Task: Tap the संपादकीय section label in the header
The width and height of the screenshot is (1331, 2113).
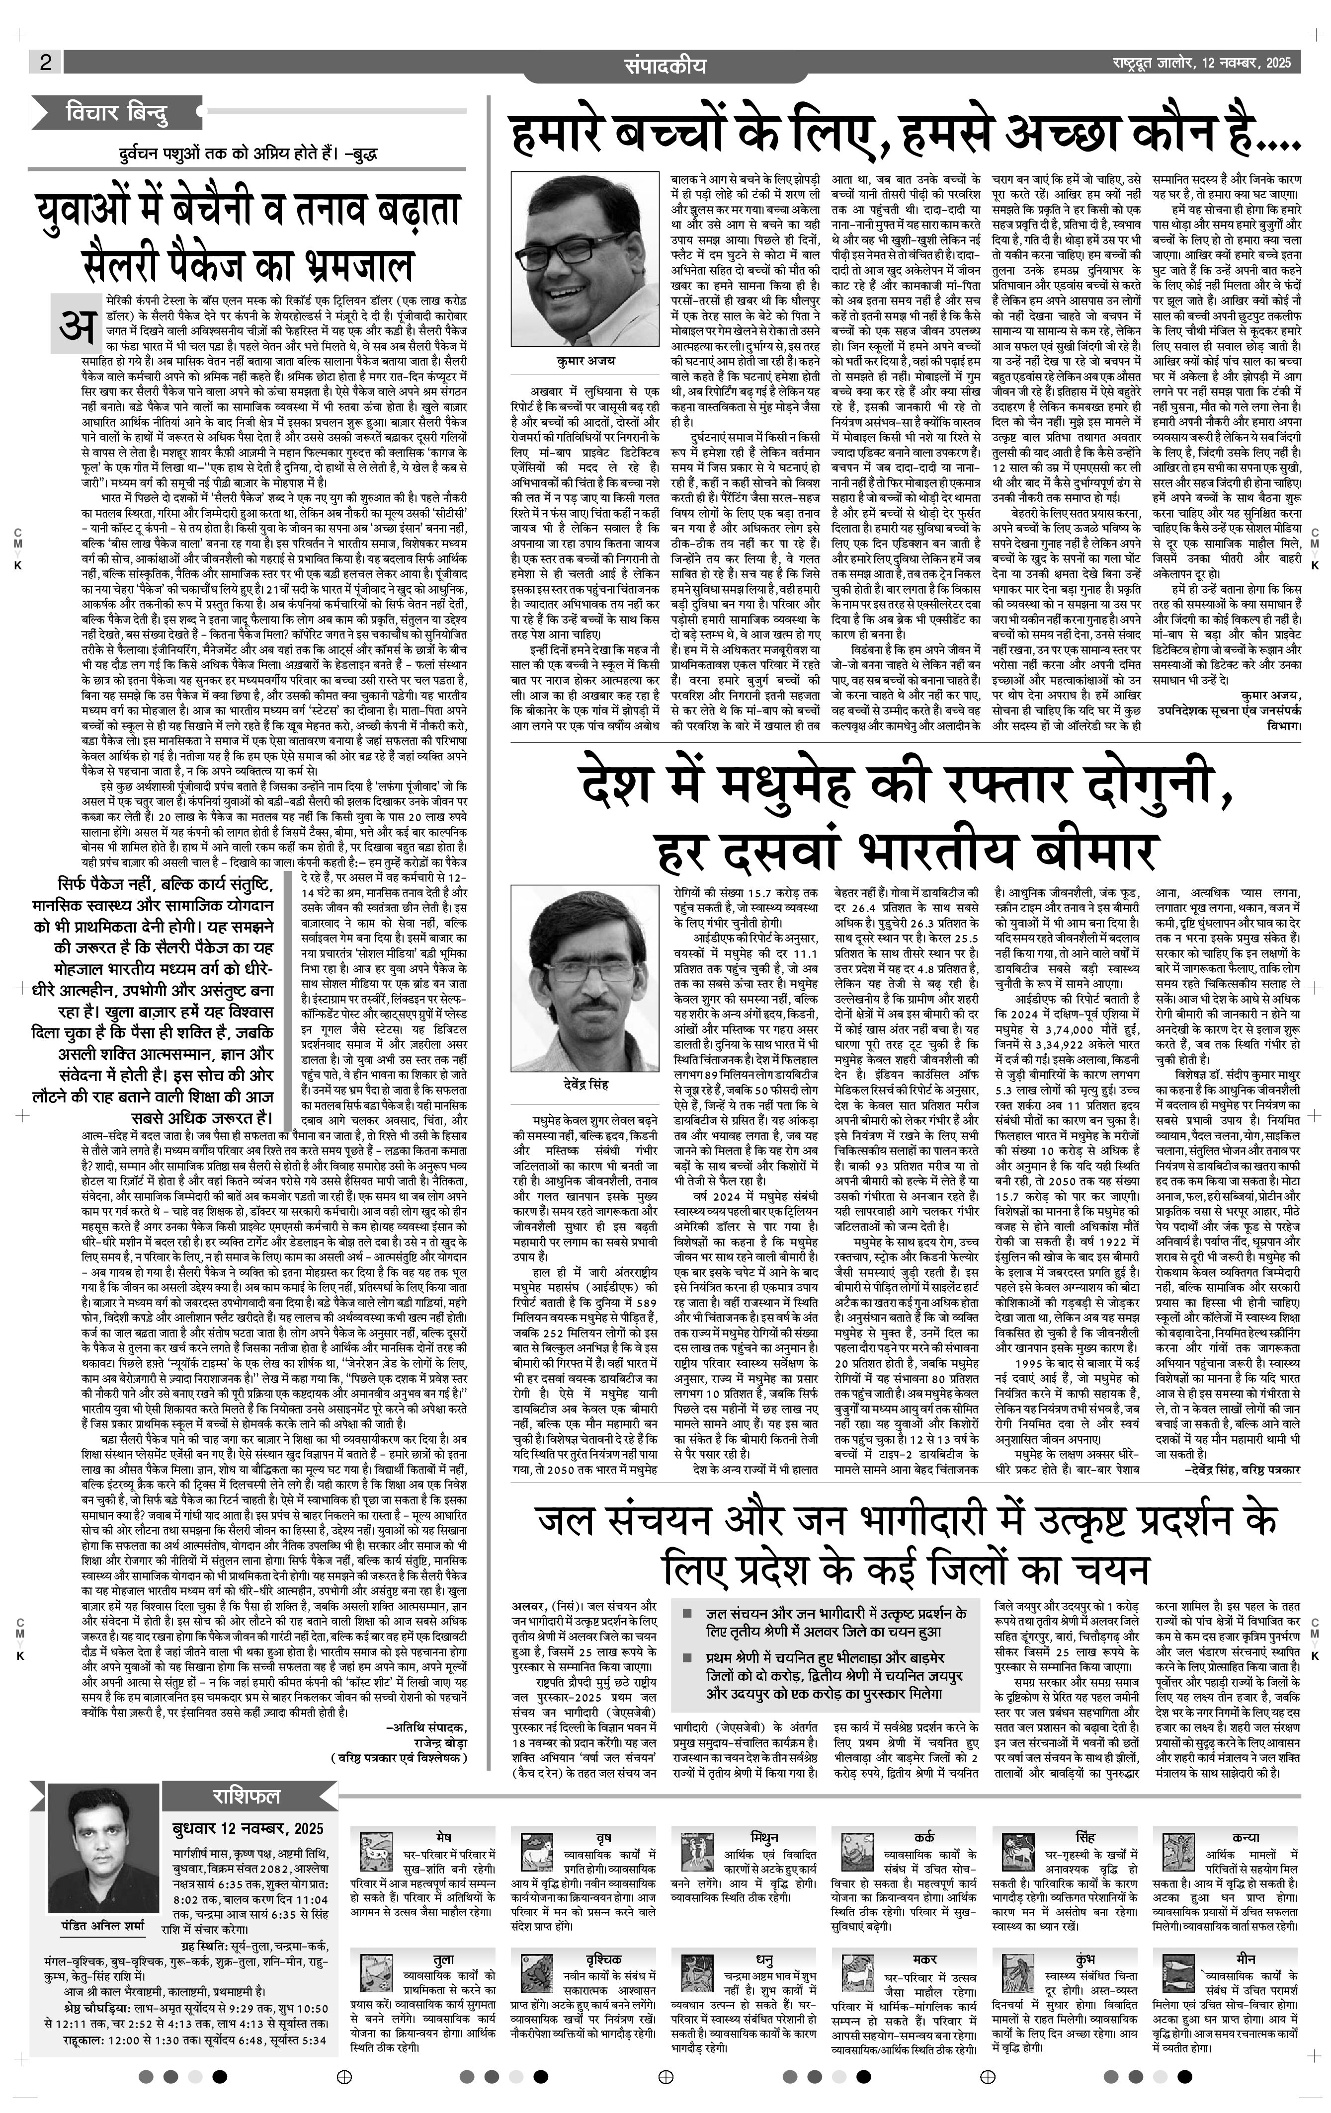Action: click(665, 66)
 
